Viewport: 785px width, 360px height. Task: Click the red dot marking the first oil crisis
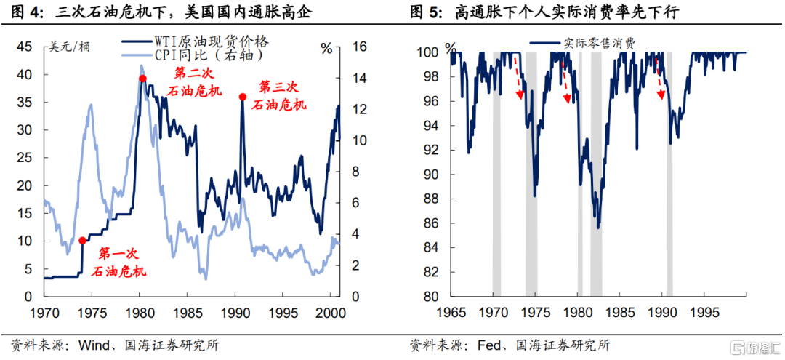[82, 241]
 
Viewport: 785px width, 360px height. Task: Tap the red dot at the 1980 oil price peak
[142, 79]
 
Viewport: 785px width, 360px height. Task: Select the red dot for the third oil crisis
[243, 96]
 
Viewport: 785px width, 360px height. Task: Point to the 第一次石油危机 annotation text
[118, 263]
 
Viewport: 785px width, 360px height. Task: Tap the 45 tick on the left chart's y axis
[24, 47]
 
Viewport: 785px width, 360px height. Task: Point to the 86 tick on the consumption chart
[428, 223]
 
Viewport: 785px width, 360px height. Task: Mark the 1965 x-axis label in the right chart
[451, 311]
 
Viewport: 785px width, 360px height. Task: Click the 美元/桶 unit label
[69, 48]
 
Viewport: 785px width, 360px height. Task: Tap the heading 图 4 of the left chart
[30, 12]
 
